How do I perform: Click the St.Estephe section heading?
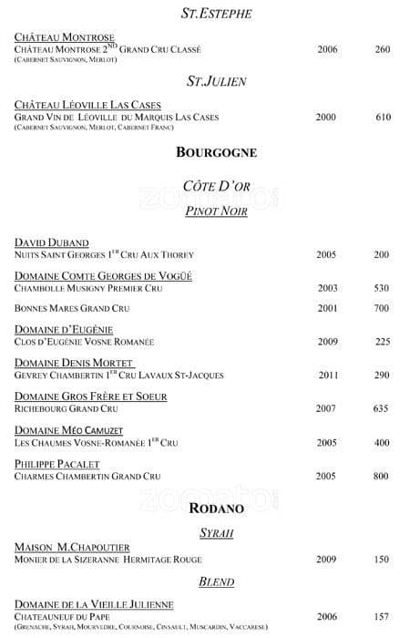[216, 14]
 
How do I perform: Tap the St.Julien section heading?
[216, 81]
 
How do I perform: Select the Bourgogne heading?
[216, 151]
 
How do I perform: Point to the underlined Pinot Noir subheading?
[216, 211]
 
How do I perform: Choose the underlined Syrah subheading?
[216, 531]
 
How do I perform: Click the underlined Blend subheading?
[216, 581]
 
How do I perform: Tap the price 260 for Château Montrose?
[382, 49]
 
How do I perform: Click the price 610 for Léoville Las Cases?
[383, 118]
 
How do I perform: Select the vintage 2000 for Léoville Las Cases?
[326, 118]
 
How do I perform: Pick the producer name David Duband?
[52, 242]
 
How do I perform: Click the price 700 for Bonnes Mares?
[382, 308]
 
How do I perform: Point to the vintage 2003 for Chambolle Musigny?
[327, 288]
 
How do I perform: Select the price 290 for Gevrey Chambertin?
[382, 375]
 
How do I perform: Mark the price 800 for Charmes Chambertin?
[382, 476]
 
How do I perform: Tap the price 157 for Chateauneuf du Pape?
[382, 616]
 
